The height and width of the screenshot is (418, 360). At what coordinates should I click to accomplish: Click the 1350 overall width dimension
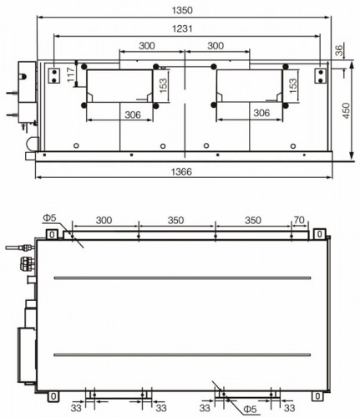(182, 10)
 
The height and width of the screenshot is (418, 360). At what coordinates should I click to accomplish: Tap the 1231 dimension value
(182, 28)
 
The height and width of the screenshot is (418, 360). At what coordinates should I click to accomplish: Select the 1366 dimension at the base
(181, 171)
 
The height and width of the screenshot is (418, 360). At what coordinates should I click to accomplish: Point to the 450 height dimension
(346, 110)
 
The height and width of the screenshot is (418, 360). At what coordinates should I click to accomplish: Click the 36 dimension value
(339, 50)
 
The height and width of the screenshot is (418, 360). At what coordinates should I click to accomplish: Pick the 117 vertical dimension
(71, 74)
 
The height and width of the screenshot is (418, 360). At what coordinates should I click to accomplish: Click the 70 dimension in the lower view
(299, 220)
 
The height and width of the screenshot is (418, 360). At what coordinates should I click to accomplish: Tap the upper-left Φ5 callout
(49, 217)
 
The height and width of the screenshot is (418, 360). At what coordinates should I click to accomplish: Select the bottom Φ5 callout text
(250, 410)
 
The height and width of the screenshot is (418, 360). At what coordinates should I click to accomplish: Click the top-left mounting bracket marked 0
(52, 234)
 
